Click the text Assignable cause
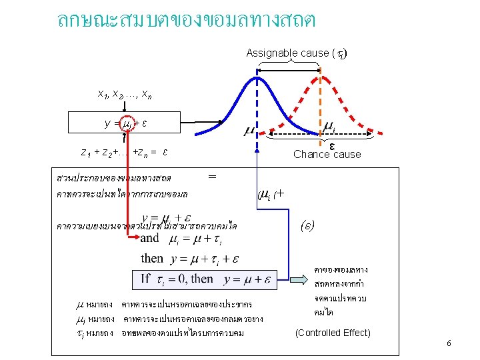pyautogui.click(x=288, y=53)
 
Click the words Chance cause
pyautogui.click(x=327, y=155)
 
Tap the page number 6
pyautogui.click(x=449, y=343)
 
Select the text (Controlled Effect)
pyautogui.click(x=333, y=333)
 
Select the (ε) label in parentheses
pyautogui.click(x=307, y=225)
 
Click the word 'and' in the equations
pyautogui.click(x=150, y=238)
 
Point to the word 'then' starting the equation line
pyautogui.click(x=151, y=258)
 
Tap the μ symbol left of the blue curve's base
pyautogui.click(x=247, y=129)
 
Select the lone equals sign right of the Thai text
pyautogui.click(x=212, y=177)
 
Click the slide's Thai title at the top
pyautogui.click(x=187, y=20)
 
